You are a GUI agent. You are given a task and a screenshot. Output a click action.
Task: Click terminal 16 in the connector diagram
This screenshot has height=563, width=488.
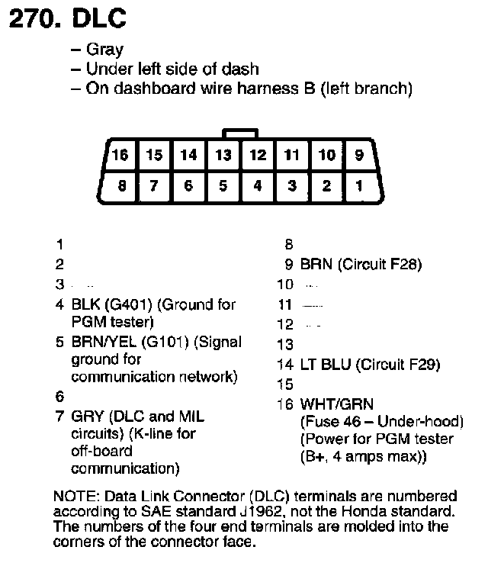[119, 155]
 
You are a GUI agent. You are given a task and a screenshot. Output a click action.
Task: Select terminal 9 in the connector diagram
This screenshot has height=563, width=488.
[359, 155]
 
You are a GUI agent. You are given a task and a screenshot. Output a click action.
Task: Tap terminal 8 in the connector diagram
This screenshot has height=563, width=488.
[120, 185]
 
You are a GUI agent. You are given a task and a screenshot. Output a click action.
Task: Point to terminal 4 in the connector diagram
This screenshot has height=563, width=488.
[258, 185]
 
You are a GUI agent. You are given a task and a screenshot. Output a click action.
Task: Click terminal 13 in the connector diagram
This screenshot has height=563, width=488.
[223, 155]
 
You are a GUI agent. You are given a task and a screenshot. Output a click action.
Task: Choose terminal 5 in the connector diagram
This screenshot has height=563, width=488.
[223, 185]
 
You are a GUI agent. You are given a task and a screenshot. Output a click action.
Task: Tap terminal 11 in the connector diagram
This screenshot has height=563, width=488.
[292, 155]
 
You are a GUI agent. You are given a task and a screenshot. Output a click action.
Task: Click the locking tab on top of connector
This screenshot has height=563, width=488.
[239, 134]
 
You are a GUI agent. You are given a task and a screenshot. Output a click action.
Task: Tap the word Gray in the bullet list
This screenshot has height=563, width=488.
[104, 50]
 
